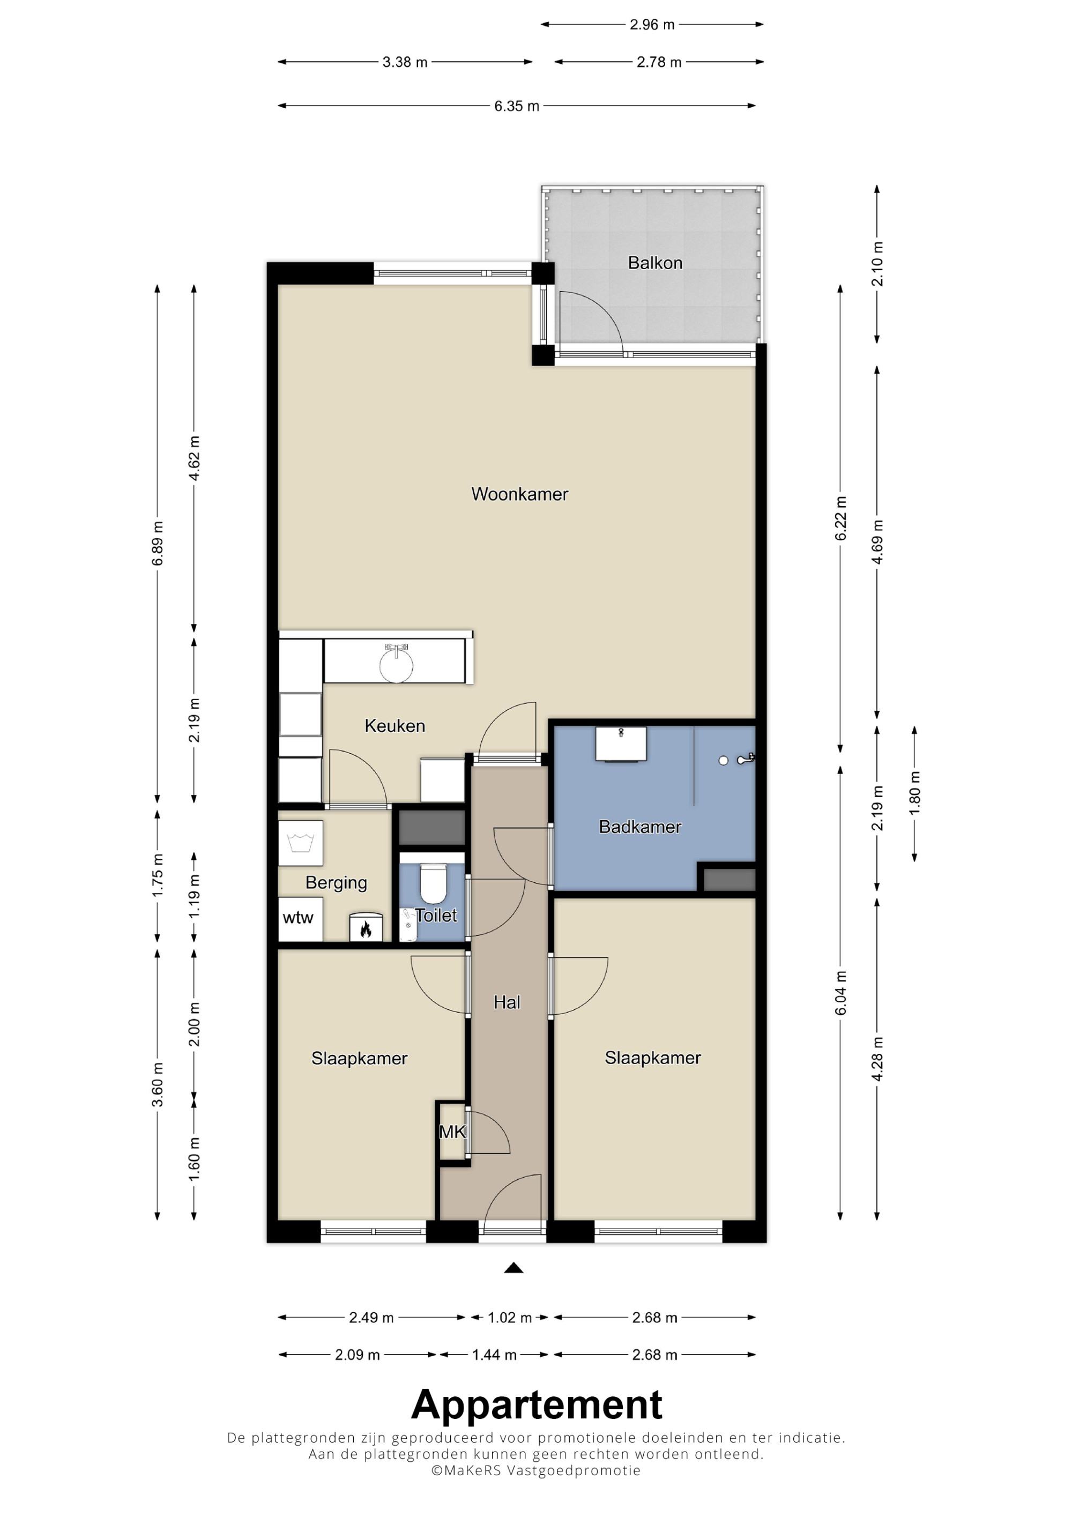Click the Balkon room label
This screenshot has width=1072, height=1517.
tap(654, 263)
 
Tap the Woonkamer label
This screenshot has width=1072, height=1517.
tap(519, 494)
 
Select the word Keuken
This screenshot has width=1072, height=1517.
tap(394, 726)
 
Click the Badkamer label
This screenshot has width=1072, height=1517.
tap(639, 827)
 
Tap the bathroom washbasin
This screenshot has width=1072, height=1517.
tap(621, 744)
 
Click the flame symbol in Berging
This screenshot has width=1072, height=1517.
tap(365, 930)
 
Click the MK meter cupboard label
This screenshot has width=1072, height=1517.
tap(452, 1132)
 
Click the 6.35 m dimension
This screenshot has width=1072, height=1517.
tap(517, 106)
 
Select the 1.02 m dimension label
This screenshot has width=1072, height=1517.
tap(509, 1318)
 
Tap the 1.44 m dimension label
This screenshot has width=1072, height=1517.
tap(494, 1355)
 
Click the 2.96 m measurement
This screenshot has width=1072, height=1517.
tap(652, 25)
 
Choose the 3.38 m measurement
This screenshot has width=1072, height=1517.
tap(405, 62)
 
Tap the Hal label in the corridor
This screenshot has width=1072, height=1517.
tap(507, 1002)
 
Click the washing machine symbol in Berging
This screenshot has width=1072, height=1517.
tap(301, 843)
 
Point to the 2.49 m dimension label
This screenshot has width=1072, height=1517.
tap(371, 1318)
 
